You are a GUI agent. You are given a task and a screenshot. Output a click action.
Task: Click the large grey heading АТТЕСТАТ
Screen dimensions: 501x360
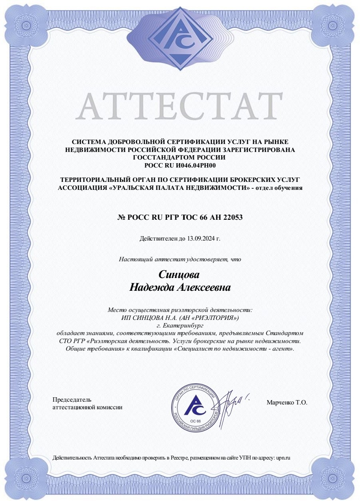tap(179, 106)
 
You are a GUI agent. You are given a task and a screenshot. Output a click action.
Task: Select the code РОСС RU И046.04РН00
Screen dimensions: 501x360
tap(180, 165)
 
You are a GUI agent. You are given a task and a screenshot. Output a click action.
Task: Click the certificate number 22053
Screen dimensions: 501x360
tap(231, 217)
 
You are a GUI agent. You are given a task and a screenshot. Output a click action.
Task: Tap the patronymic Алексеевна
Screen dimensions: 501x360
tap(204, 287)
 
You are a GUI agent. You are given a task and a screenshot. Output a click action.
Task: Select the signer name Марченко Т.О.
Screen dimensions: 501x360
tap(287, 403)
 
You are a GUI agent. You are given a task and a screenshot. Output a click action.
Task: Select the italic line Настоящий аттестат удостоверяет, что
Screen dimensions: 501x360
tap(180, 259)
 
